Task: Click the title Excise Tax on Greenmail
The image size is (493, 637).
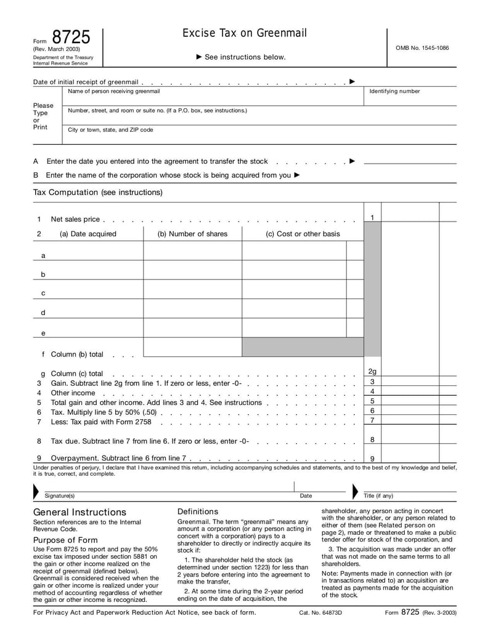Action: pyautogui.click(x=244, y=33)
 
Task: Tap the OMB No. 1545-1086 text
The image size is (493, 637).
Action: pyautogui.click(x=422, y=47)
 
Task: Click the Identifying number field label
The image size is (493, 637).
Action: pyautogui.click(x=394, y=91)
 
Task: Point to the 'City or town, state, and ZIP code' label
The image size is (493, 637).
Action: pyautogui.click(x=110, y=130)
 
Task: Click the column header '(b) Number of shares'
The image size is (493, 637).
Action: pyautogui.click(x=192, y=234)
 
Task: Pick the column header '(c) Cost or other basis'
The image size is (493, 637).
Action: pyautogui.click(x=303, y=234)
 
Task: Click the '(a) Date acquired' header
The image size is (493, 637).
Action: pyautogui.click(x=88, y=234)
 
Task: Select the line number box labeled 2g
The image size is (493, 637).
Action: pyautogui.click(x=372, y=371)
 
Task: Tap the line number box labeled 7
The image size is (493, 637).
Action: pyautogui.click(x=372, y=420)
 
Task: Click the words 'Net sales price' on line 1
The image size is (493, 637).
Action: pyautogui.click(x=75, y=219)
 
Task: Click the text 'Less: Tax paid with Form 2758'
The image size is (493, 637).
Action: pyautogui.click(x=101, y=422)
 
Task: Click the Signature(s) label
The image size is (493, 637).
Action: pyautogui.click(x=60, y=495)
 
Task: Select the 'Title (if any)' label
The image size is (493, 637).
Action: pyautogui.click(x=378, y=495)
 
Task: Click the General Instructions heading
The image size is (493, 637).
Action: pyautogui.click(x=79, y=512)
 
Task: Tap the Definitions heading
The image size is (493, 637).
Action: pyautogui.click(x=198, y=511)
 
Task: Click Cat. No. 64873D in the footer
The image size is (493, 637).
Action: pyautogui.click(x=320, y=613)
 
